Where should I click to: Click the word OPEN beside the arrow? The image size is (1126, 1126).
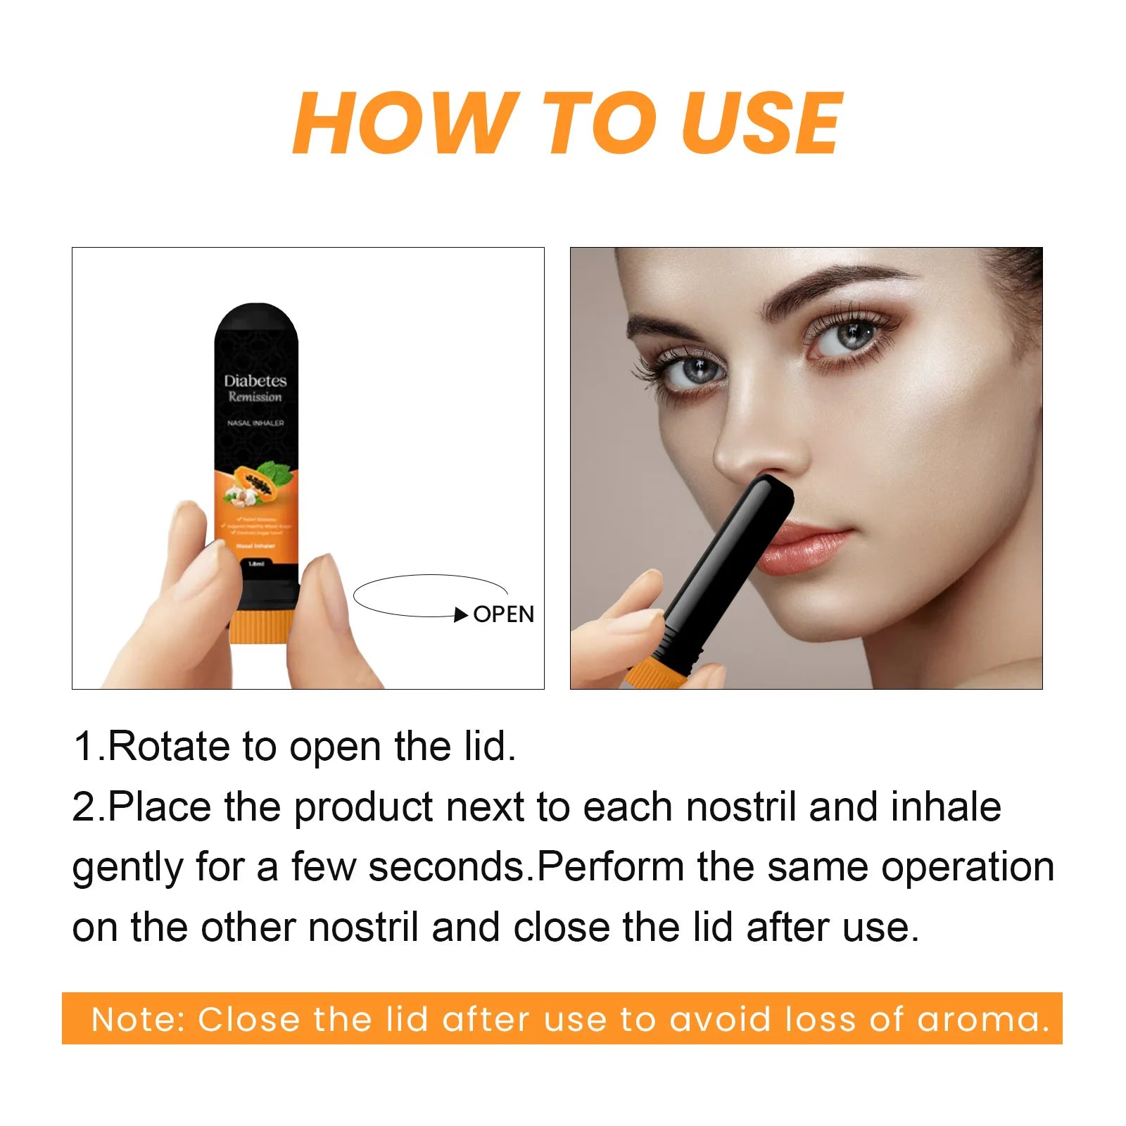pyautogui.click(x=503, y=614)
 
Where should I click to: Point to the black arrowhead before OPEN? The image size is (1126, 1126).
pyautogui.click(x=461, y=615)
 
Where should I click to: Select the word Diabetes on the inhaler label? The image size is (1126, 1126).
pyautogui.click(x=255, y=381)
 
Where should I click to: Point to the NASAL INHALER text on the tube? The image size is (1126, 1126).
pyautogui.click(x=255, y=423)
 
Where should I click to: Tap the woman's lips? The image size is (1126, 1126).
pyautogui.click(x=809, y=545)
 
